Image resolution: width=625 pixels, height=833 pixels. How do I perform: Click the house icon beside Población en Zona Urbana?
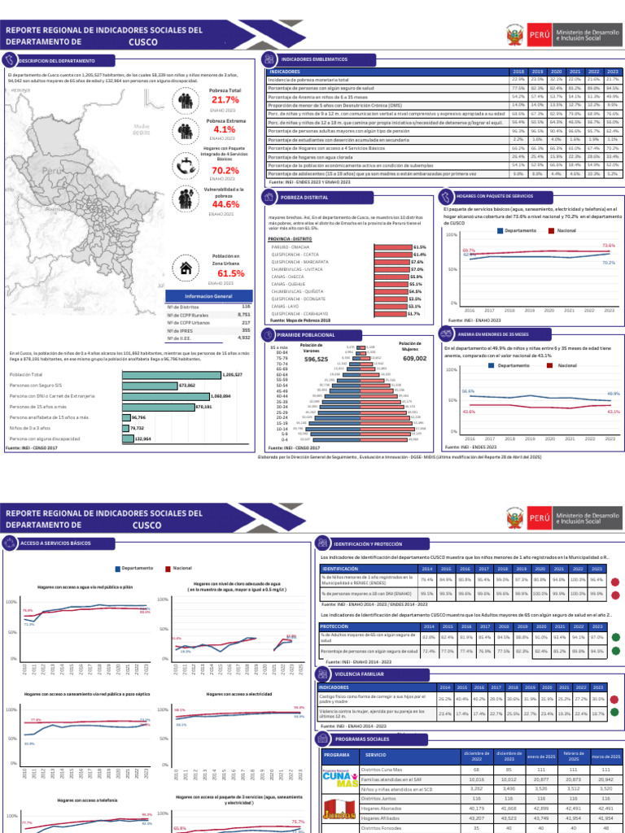pos(187,268)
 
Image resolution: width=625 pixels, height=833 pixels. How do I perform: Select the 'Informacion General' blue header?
pos(208,295)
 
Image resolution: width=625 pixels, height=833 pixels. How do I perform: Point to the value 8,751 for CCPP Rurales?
pos(243,314)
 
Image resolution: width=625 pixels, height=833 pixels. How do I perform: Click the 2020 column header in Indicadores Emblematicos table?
pos(557,72)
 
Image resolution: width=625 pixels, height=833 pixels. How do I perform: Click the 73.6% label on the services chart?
pos(609,245)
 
